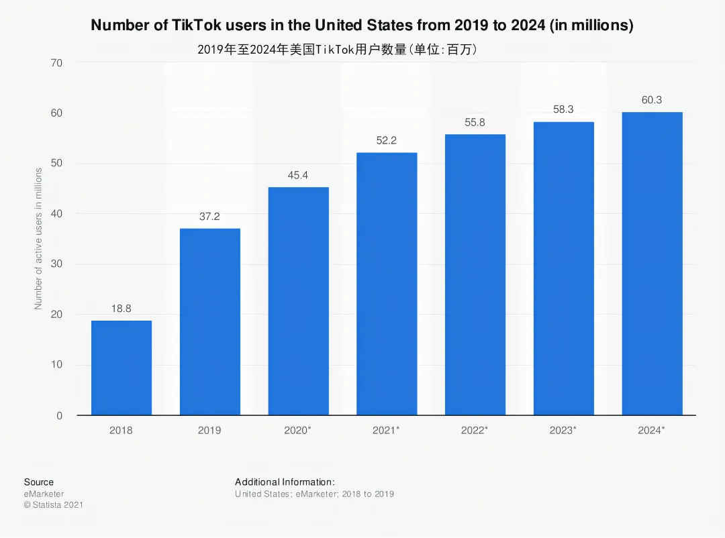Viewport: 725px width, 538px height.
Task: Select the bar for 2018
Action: tap(122, 368)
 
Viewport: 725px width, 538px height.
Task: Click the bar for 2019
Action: tap(210, 322)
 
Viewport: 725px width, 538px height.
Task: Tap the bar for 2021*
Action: tap(387, 284)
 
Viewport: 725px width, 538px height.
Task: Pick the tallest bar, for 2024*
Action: tap(652, 264)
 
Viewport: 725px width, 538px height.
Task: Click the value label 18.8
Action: tap(121, 309)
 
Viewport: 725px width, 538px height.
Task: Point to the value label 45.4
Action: tap(298, 175)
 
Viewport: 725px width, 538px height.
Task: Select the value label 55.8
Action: tap(475, 122)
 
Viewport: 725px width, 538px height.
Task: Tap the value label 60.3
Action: tap(651, 100)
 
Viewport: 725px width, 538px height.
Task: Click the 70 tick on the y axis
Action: tap(56, 63)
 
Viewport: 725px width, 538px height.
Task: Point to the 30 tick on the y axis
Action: tap(56, 264)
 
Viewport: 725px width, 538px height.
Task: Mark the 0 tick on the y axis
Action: tap(59, 415)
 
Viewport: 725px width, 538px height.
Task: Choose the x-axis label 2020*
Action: tap(297, 430)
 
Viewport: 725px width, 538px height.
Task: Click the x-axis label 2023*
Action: tap(563, 430)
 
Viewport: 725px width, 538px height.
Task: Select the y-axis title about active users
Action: tap(38, 239)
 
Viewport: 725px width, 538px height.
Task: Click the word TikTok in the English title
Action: tap(197, 25)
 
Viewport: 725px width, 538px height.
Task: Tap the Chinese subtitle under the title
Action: tap(337, 49)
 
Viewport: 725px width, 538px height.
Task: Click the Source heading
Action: tap(39, 482)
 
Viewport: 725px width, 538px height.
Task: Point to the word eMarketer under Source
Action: tap(44, 494)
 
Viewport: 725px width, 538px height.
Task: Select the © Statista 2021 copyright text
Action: tap(54, 504)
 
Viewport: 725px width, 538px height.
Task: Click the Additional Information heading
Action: tap(285, 482)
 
